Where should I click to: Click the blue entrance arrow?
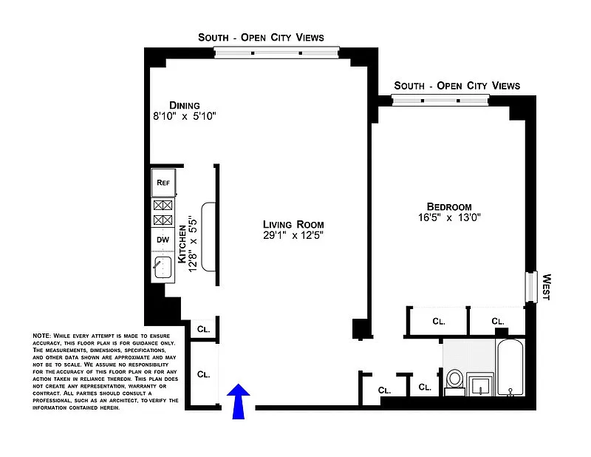click(x=238, y=401)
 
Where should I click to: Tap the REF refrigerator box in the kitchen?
click(x=163, y=183)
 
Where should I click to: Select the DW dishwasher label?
click(x=163, y=240)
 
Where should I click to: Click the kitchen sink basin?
click(x=163, y=267)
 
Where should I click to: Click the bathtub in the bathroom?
click(x=510, y=368)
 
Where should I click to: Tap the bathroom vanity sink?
click(x=479, y=385)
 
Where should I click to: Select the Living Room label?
click(x=293, y=225)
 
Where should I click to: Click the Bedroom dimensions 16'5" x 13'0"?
click(x=449, y=217)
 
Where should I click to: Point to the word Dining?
click(x=184, y=105)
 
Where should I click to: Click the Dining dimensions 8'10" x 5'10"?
click(x=184, y=116)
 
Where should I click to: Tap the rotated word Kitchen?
click(x=182, y=244)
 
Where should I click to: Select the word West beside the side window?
click(x=547, y=287)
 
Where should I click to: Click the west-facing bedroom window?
click(x=531, y=287)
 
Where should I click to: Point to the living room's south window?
click(x=276, y=53)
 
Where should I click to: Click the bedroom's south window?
click(x=440, y=101)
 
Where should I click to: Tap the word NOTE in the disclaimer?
click(x=41, y=336)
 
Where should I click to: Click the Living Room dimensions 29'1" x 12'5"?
click(x=293, y=235)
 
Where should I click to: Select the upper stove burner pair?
click(x=163, y=206)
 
